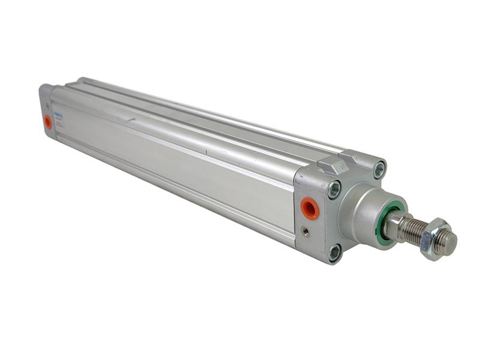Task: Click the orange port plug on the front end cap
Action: [310, 208]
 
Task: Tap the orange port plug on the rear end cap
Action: [48, 122]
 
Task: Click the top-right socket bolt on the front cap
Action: [379, 170]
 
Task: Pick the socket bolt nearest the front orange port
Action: [334, 190]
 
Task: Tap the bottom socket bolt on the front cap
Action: [334, 252]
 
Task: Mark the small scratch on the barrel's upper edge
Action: [130, 119]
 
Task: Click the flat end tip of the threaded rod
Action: [448, 242]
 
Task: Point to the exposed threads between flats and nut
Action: [413, 232]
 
